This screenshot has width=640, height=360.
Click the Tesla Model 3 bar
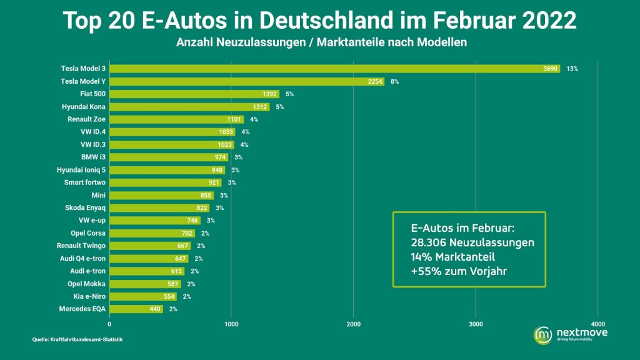(335, 69)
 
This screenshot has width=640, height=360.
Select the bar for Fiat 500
(194, 94)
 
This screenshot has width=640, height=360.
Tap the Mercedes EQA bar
(136, 309)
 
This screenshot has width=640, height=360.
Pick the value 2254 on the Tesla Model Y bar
(375, 82)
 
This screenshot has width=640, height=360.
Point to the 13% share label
(572, 69)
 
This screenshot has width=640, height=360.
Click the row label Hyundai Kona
(84, 107)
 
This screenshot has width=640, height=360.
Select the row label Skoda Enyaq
(85, 208)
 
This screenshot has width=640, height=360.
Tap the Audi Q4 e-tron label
(83, 258)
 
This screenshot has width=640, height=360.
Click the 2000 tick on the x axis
(354, 324)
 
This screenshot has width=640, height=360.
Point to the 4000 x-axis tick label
(598, 324)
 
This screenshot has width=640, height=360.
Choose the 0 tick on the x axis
(109, 324)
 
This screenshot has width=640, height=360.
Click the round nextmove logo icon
(543, 335)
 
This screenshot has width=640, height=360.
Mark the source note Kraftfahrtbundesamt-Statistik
(86, 339)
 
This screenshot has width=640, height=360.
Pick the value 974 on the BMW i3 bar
(221, 157)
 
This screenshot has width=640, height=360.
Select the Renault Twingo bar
(150, 246)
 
